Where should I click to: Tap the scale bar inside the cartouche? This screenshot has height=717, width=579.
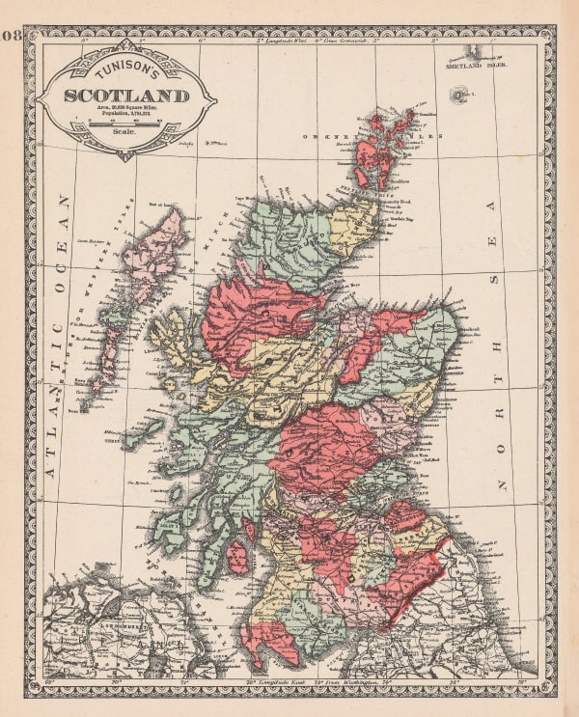tap(124, 123)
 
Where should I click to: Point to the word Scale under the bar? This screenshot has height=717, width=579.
tap(124, 132)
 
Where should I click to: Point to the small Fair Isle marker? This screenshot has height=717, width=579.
tap(456, 95)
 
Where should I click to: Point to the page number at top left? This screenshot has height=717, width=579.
tap(12, 38)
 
